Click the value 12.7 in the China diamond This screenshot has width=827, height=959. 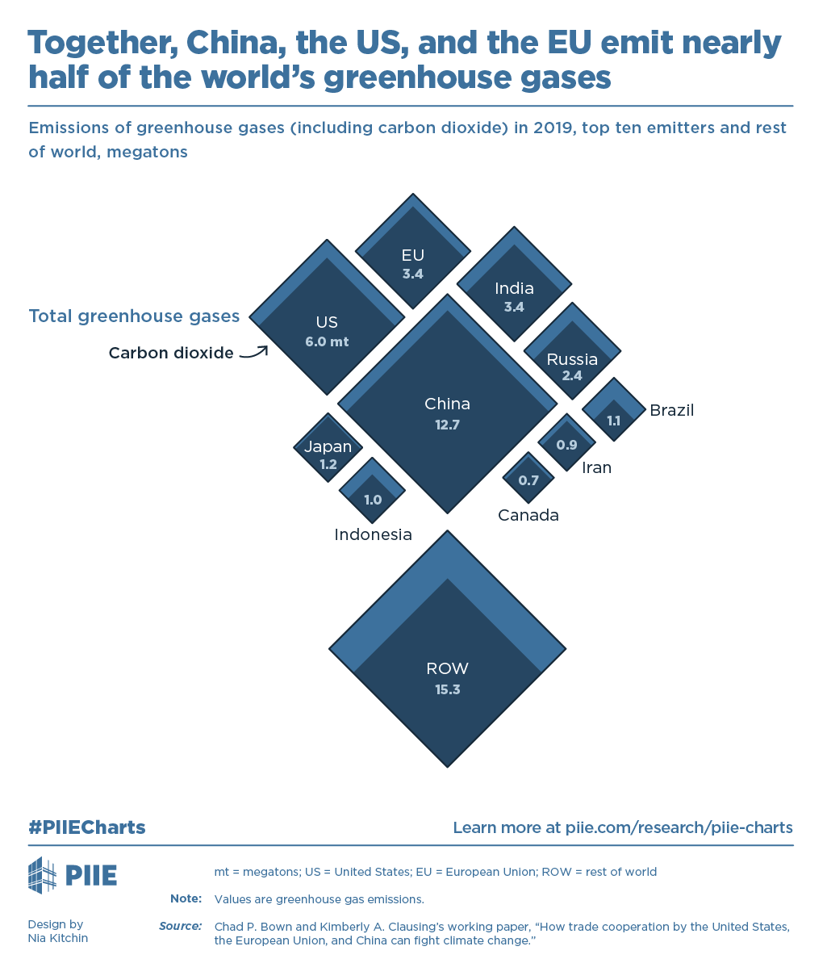tap(447, 425)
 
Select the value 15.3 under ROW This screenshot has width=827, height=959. tap(447, 690)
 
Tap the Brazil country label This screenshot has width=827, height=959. tap(671, 410)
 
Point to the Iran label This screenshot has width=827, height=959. tap(596, 467)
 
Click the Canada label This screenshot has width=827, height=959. tap(528, 515)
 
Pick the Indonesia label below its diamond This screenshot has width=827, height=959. tap(373, 534)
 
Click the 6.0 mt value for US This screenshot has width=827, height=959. tap(327, 341)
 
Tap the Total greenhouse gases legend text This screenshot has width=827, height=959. tap(134, 316)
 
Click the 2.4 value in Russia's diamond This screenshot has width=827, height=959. tap(572, 375)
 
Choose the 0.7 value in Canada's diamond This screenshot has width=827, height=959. tap(528, 480)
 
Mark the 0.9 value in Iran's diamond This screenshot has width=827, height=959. tap(566, 445)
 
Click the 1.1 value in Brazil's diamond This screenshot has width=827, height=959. tap(614, 421)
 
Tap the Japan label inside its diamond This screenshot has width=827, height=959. tap(328, 446)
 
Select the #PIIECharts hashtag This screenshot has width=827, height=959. tap(87, 827)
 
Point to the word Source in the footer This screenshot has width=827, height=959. tap(181, 926)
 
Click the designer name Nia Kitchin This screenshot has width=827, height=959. tap(58, 938)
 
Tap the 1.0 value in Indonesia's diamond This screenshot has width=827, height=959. tap(373, 500)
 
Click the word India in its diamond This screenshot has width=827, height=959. tap(514, 288)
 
